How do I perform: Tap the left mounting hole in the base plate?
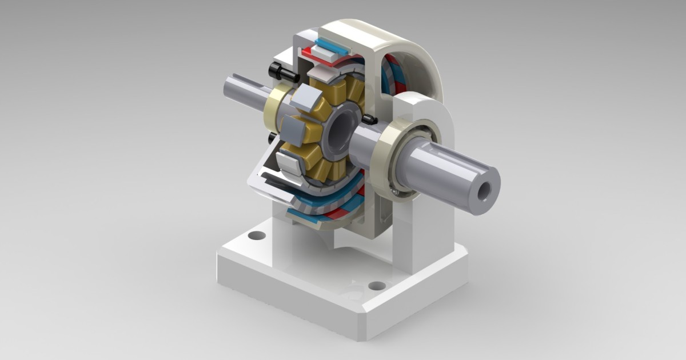[257, 235]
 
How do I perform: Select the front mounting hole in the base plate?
[376, 285]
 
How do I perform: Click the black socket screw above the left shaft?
[282, 72]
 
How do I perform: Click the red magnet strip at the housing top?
[313, 55]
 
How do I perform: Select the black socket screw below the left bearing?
[270, 139]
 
